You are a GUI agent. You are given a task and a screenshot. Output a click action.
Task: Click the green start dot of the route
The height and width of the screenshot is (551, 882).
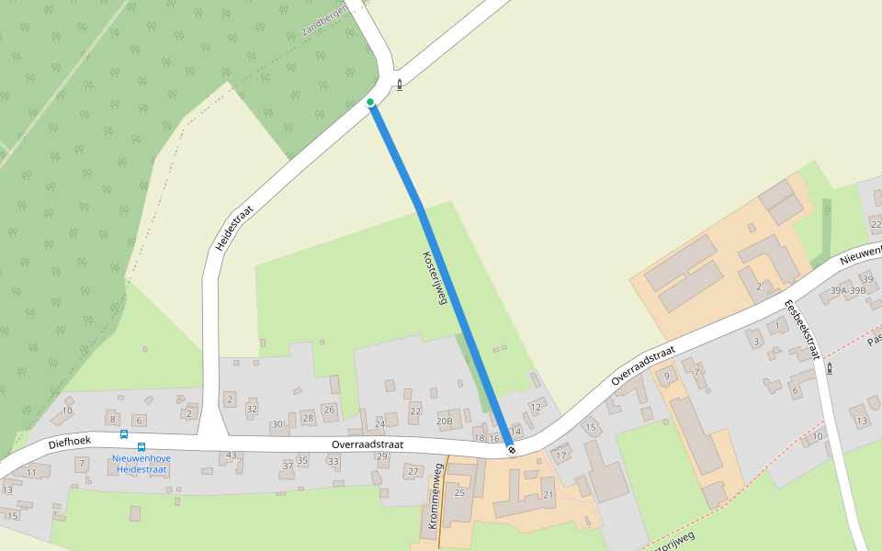[370, 102]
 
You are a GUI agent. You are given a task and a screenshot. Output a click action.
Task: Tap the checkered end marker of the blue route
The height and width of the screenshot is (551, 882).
[512, 450]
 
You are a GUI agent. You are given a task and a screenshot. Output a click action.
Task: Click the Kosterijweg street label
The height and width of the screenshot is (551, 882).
[434, 278]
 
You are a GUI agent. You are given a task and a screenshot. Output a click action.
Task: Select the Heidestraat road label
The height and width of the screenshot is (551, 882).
[232, 229]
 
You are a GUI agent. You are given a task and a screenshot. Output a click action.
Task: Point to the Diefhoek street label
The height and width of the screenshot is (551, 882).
[70, 444]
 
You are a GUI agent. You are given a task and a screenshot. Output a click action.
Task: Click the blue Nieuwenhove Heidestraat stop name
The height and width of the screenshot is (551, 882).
[141, 463]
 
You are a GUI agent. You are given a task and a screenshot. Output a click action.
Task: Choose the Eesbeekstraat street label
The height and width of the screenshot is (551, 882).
[801, 329]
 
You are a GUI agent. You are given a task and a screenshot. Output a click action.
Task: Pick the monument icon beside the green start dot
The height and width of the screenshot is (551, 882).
[399, 85]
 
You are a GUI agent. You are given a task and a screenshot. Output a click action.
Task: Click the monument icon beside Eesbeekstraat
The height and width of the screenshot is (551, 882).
[830, 368]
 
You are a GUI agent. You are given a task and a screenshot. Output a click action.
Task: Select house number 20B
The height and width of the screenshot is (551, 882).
[445, 422]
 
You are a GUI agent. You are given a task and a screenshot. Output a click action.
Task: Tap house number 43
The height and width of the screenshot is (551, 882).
[232, 455]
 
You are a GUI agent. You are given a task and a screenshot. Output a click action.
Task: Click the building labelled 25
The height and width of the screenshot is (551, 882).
[459, 493]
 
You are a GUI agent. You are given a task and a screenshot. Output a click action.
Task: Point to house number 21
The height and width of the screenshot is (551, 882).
[548, 495]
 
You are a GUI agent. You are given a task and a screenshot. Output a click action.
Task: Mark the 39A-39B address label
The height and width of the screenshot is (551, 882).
[848, 290]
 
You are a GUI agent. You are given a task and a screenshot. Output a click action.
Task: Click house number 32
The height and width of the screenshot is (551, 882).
[252, 409]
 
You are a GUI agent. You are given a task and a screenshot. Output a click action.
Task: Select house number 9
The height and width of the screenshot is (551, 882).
[667, 377]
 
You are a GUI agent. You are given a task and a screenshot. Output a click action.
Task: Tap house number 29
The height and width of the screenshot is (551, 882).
[382, 456]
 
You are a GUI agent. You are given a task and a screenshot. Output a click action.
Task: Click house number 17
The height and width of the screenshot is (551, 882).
[560, 455]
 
